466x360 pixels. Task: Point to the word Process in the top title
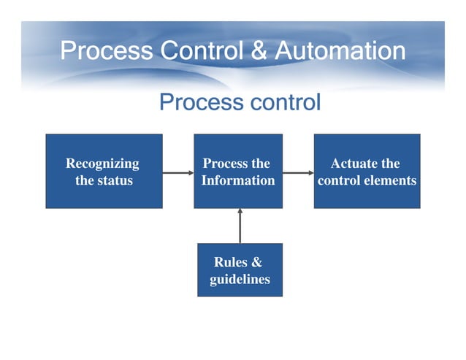[106, 50]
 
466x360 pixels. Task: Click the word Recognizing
[102, 164]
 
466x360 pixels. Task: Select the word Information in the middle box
[238, 180]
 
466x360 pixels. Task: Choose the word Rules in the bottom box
[230, 263]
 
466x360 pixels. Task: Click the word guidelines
[240, 279]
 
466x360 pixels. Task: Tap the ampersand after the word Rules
[256, 263]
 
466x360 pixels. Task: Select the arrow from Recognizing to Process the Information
[177, 173]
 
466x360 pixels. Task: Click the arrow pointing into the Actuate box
[298, 173]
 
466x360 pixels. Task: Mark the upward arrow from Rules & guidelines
[240, 226]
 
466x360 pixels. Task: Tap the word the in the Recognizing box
[84, 180]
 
